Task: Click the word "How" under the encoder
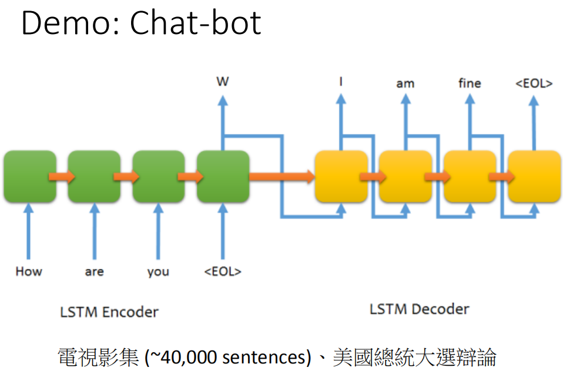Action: [x=29, y=271]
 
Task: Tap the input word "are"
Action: [x=95, y=272]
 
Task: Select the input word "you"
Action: [x=158, y=272]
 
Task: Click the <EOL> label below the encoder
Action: [x=223, y=271]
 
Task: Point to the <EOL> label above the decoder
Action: [x=534, y=83]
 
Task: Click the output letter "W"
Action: [x=223, y=82]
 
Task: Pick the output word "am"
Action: [x=406, y=84]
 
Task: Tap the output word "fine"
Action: [x=470, y=83]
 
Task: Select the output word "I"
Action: [x=341, y=82]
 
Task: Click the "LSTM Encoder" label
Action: [x=109, y=312]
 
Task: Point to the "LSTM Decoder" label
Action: [x=420, y=309]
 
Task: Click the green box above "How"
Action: [x=30, y=176]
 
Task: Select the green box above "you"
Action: [x=159, y=176]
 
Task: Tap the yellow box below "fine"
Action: [x=470, y=176]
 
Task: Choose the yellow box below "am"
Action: [x=406, y=176]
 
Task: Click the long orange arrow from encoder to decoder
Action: [x=282, y=176]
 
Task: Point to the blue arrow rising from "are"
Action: [x=95, y=231]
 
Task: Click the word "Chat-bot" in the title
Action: [x=195, y=23]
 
